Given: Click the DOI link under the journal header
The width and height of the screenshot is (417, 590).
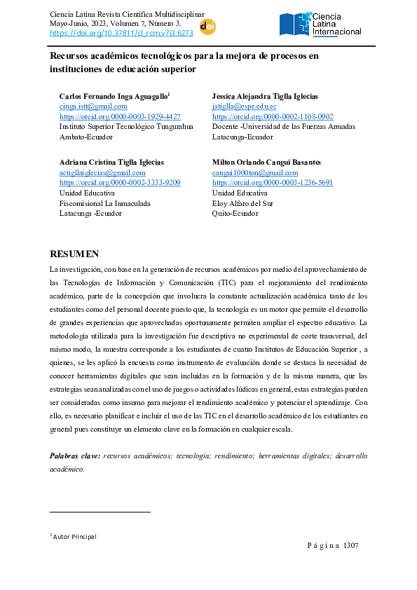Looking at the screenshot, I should point(121,33).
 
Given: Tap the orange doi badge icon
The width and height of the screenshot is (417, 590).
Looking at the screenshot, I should point(207,27).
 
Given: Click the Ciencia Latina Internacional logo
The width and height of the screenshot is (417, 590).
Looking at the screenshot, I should point(320,25).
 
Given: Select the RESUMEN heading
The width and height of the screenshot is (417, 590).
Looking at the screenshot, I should point(74,254).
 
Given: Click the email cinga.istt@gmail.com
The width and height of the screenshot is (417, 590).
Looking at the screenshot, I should point(93,106).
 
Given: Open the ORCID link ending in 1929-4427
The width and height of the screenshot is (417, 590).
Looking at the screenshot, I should point(120,116).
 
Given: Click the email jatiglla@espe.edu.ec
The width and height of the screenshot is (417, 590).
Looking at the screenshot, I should point(244,106).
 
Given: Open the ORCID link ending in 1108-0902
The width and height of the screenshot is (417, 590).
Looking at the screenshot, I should point(272,116).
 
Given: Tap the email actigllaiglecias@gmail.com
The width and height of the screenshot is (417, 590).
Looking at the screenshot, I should point(102,172).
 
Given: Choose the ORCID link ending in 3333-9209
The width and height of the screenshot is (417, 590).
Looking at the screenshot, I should point(120,182).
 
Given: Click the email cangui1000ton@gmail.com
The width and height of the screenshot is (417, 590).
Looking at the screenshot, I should point(254,172).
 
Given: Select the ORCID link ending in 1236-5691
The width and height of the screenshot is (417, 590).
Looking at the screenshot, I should point(272,182).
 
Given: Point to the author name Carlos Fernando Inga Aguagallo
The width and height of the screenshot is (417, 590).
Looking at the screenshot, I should point(114,95).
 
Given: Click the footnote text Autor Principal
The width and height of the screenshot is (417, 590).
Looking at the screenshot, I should point(74,537).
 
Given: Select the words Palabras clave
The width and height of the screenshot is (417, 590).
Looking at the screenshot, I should point(74,456).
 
